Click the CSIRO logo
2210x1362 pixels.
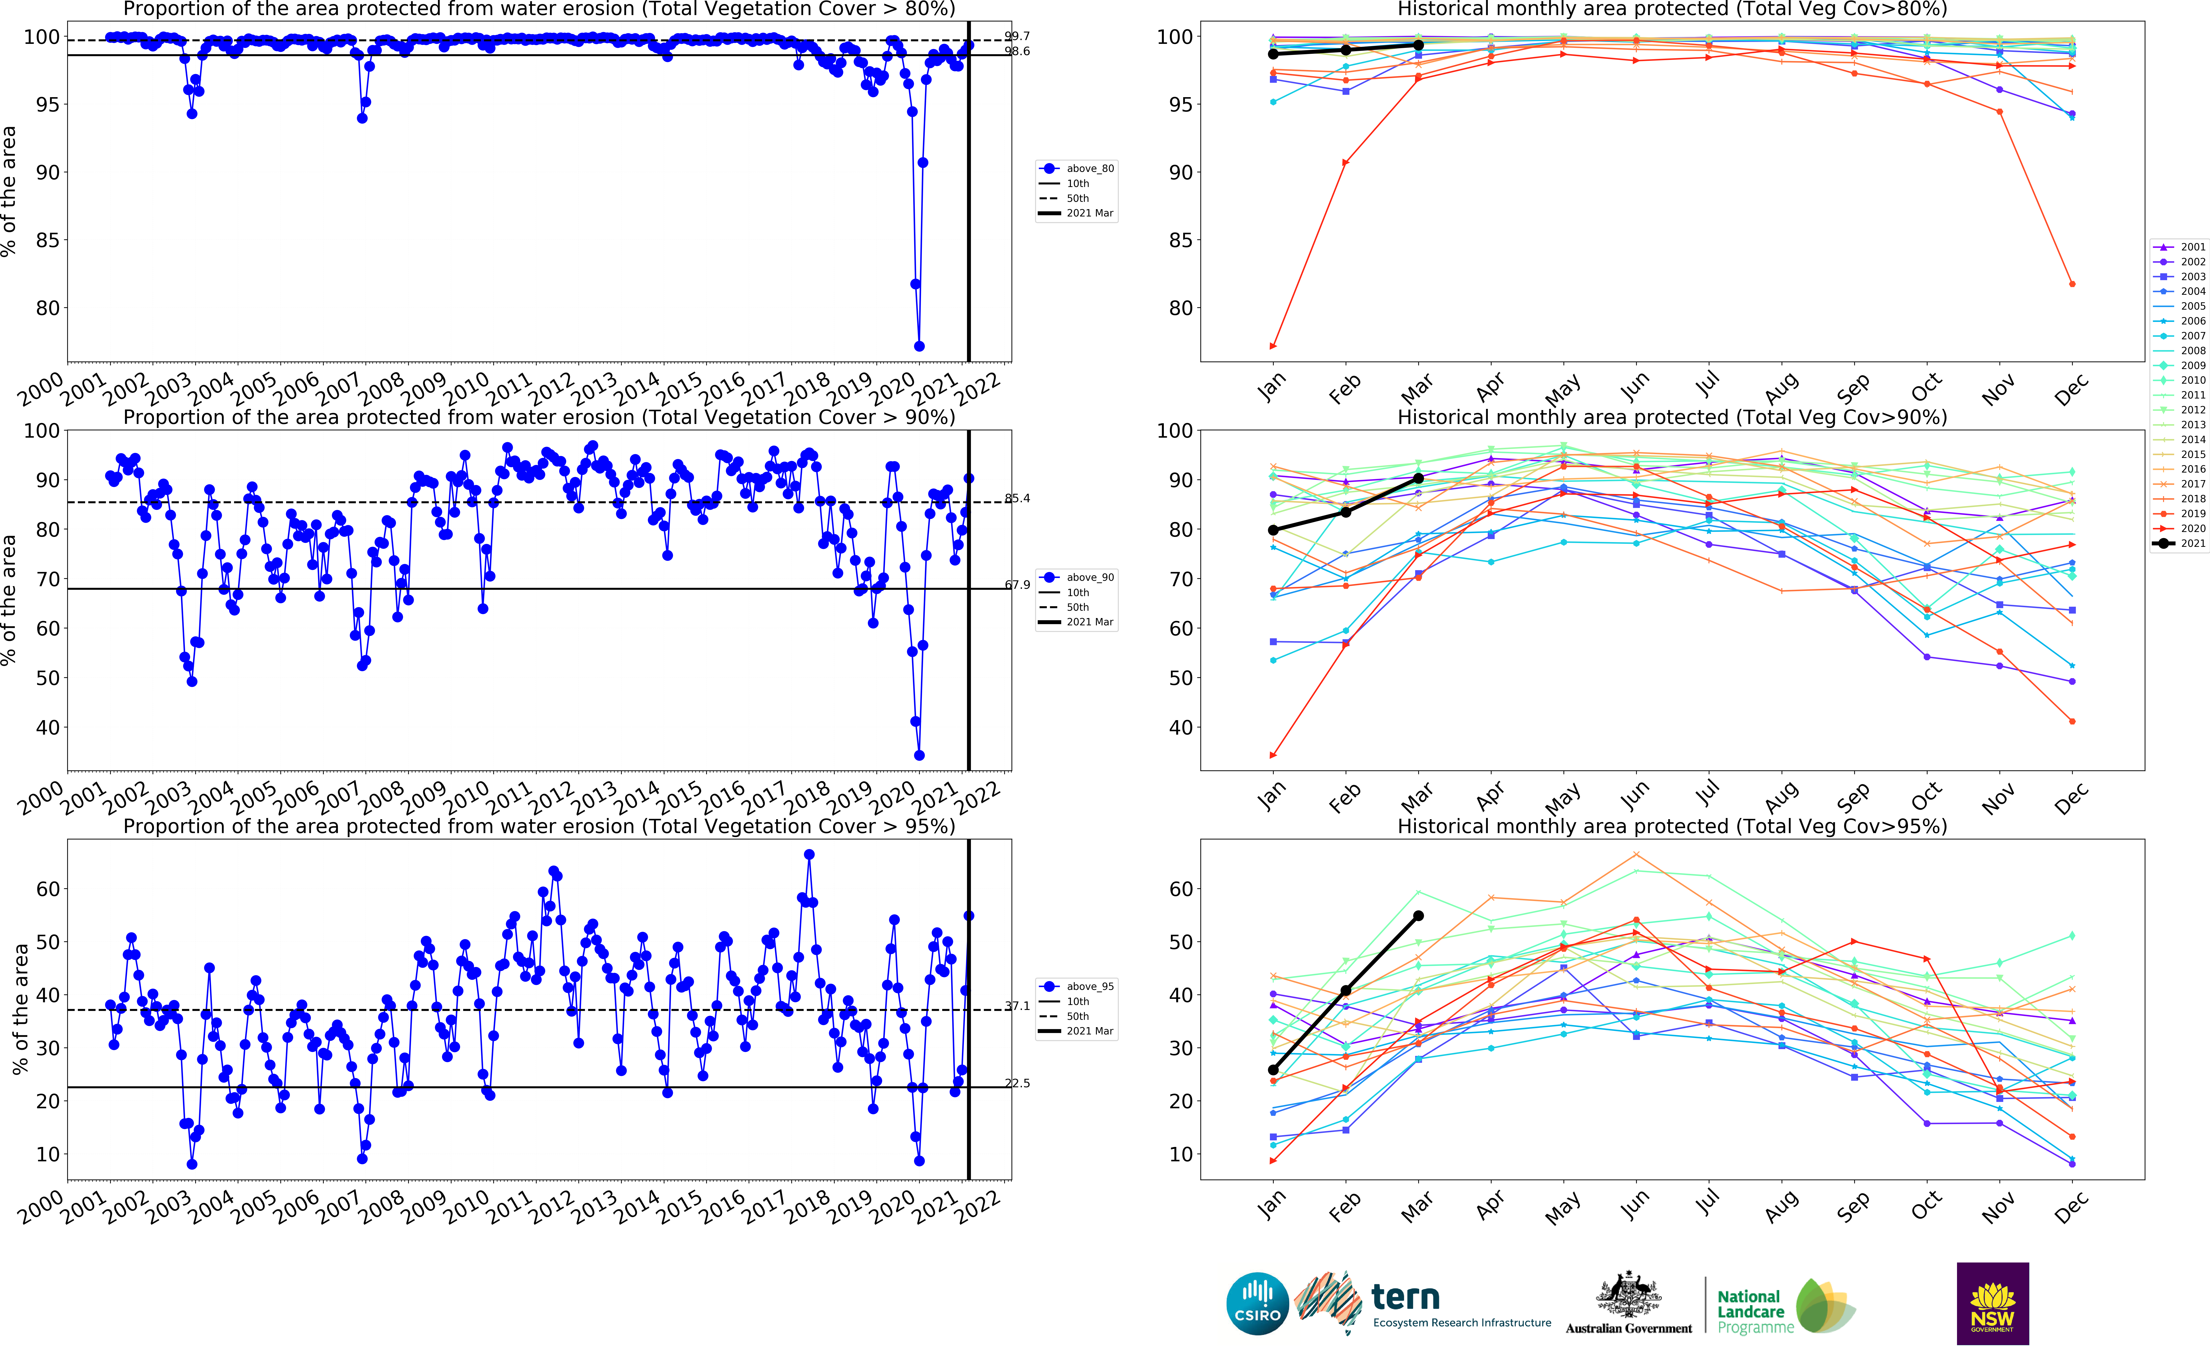tap(1257, 1304)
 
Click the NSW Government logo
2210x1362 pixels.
tap(1992, 1304)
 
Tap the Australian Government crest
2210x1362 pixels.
tap(1628, 1295)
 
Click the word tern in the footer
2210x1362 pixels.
tap(1405, 1298)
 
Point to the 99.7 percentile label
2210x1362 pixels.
tap(1018, 36)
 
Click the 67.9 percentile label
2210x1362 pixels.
tap(1018, 585)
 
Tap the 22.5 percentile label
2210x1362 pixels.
tap(1018, 1083)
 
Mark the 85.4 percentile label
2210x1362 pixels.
tap(1018, 498)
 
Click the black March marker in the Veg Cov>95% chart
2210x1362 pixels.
tap(1418, 916)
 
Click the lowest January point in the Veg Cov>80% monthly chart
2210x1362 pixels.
tap(1273, 346)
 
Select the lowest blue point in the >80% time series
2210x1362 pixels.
tap(919, 346)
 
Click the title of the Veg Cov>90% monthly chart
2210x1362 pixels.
tap(1671, 417)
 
